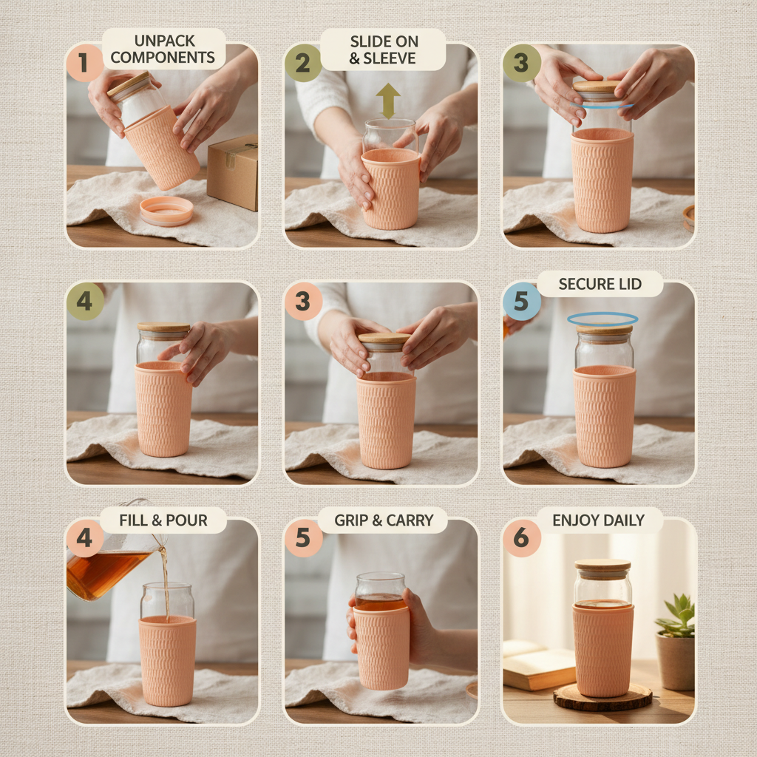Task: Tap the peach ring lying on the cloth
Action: [166, 211]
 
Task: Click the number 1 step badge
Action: [84, 64]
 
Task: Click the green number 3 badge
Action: [522, 64]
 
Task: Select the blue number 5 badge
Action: [522, 302]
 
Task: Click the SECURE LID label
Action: [600, 284]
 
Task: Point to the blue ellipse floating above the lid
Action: [602, 319]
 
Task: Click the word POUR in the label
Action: [186, 520]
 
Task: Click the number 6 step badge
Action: [522, 538]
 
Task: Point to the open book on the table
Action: [538, 665]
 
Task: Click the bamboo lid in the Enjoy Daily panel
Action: [602, 568]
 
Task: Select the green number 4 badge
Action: [84, 302]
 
